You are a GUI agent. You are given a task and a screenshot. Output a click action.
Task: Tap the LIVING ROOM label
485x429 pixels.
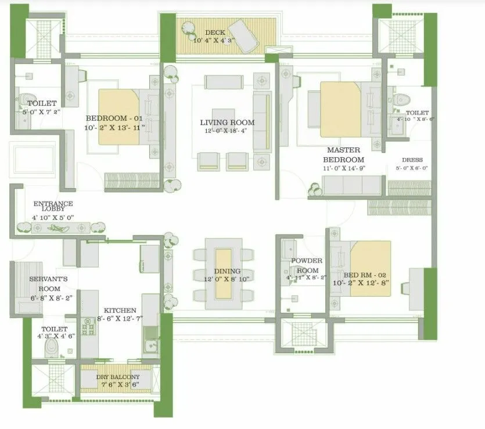[227, 122]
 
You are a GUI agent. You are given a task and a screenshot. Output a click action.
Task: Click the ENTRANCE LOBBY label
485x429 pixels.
[53, 206]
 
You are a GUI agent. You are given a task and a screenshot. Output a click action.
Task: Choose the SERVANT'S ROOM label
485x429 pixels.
[49, 283]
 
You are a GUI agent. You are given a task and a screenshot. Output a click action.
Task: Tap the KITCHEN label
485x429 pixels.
[120, 311]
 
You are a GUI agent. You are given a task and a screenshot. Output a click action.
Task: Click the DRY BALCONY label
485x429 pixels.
[118, 377]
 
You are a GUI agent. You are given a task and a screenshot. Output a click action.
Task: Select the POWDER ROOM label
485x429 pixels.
[306, 266]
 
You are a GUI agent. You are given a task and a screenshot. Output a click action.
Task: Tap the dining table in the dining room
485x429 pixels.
[224, 273]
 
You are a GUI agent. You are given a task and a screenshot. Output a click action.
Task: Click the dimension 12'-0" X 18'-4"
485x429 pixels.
[227, 131]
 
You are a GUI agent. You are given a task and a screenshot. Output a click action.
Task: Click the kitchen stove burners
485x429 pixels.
[89, 329]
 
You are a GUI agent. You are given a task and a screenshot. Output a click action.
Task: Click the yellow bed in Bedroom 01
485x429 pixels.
[119, 117]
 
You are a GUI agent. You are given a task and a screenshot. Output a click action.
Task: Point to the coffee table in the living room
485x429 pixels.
[224, 116]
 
